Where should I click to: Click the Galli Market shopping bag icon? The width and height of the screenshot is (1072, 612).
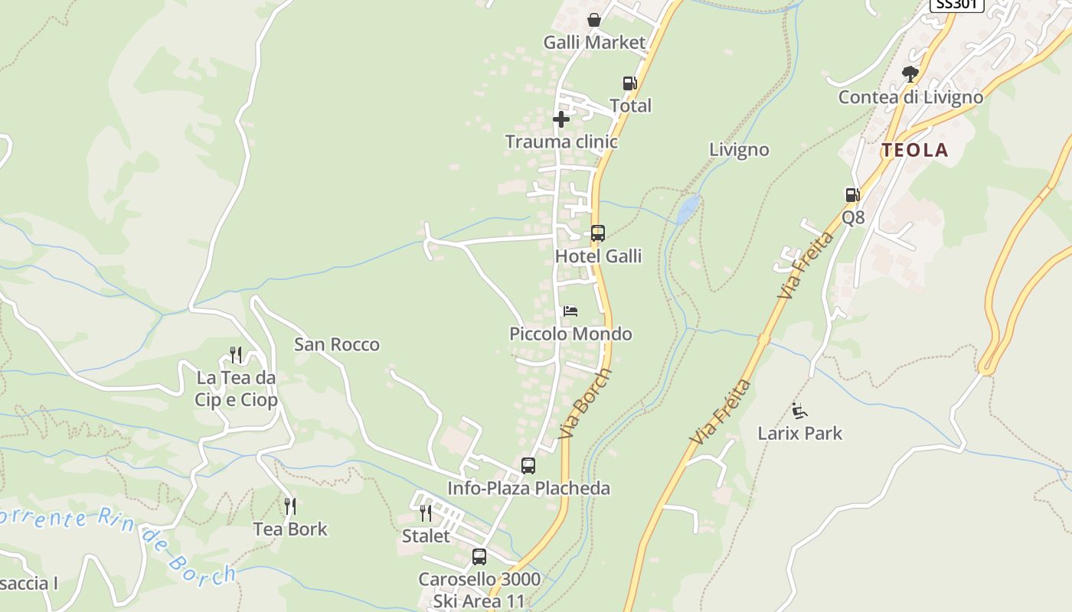click(x=593, y=20)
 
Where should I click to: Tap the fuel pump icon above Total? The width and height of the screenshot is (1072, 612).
click(x=629, y=83)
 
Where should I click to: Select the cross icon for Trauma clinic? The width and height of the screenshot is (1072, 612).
click(x=561, y=119)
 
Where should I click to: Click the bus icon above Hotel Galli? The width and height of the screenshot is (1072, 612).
click(x=597, y=233)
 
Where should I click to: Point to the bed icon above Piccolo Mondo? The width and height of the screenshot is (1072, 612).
click(x=570, y=311)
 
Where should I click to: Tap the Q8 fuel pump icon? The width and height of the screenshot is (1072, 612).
click(x=852, y=195)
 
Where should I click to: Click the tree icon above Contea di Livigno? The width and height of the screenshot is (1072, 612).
click(x=910, y=74)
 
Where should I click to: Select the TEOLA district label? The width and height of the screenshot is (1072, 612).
click(x=914, y=151)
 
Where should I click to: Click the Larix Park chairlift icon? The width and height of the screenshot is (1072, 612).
click(x=799, y=411)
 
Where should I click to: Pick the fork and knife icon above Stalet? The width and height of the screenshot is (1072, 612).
click(x=426, y=513)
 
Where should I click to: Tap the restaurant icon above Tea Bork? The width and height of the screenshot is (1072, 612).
click(x=289, y=506)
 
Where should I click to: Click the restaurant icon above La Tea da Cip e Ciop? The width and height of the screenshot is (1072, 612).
click(x=236, y=355)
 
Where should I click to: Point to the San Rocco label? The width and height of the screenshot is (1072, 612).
click(x=337, y=345)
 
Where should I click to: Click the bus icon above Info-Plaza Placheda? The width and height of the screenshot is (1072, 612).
click(x=528, y=465)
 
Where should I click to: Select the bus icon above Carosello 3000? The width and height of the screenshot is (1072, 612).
click(x=479, y=557)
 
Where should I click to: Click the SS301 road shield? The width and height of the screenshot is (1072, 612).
click(x=956, y=4)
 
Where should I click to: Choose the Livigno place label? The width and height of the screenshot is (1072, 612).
click(x=739, y=150)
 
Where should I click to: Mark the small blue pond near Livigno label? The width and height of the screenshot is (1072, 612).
click(x=688, y=209)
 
